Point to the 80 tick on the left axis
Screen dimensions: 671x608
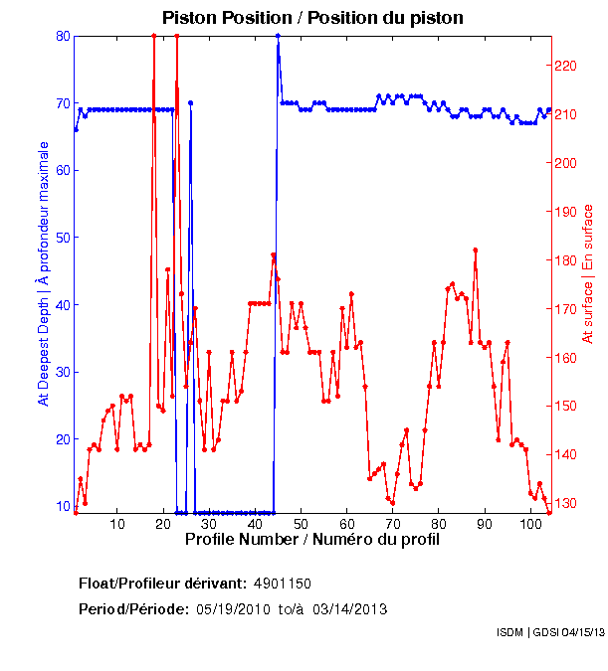[63, 36]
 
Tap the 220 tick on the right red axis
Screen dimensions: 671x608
[565, 66]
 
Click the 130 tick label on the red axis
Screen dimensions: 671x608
[565, 504]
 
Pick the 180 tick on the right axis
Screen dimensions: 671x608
[565, 260]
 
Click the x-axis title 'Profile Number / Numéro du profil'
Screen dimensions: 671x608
[311, 540]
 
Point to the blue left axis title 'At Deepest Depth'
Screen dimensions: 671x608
[44, 272]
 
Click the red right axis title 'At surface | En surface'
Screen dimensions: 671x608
[588, 273]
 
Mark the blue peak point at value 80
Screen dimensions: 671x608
[278, 36]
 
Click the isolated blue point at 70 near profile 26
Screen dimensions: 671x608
[190, 102]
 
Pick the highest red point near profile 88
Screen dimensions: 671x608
[476, 250]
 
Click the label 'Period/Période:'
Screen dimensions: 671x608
[133, 608]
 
